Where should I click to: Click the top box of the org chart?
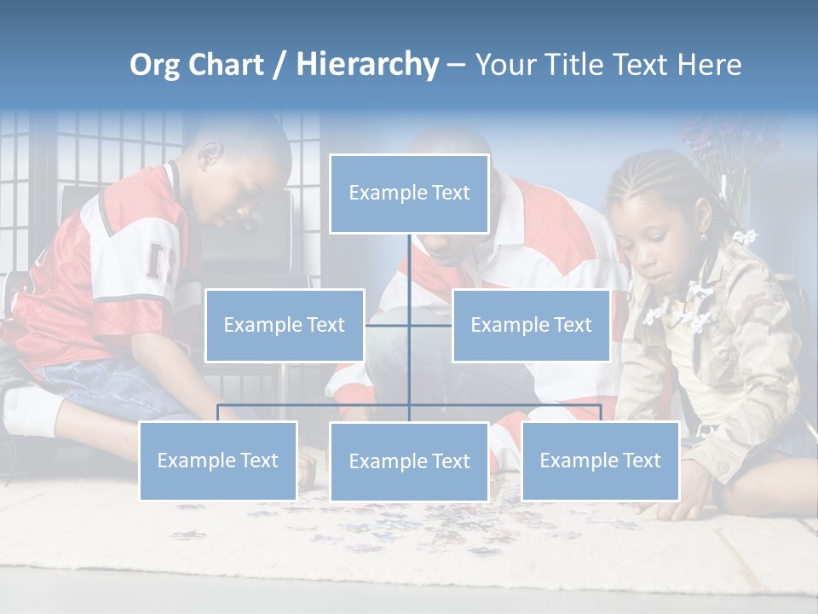409,194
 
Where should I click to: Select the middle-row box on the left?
285,325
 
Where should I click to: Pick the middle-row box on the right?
531,325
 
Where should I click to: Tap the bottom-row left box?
218,460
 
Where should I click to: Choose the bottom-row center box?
409,461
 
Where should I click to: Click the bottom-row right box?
600,460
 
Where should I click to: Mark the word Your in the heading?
504,65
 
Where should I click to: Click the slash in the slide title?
279,65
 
